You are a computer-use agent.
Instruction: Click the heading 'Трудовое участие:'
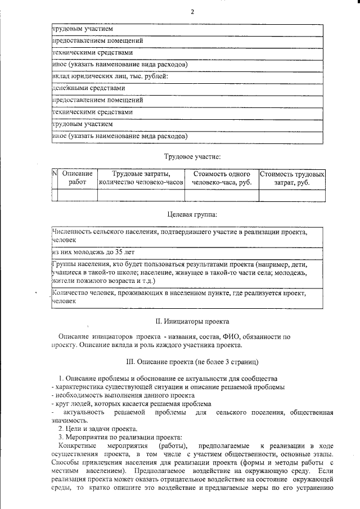point(192,155)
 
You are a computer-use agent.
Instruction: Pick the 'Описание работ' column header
point(78,178)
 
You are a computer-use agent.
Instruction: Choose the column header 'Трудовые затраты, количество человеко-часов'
point(141,178)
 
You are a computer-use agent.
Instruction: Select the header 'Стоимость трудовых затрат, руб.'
point(292,178)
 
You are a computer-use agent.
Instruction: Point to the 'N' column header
point(55,174)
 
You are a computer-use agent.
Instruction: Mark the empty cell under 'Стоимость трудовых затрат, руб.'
point(292,195)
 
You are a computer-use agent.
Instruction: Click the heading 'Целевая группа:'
point(192,214)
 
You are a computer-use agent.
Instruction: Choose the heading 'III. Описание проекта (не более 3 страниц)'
point(192,361)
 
